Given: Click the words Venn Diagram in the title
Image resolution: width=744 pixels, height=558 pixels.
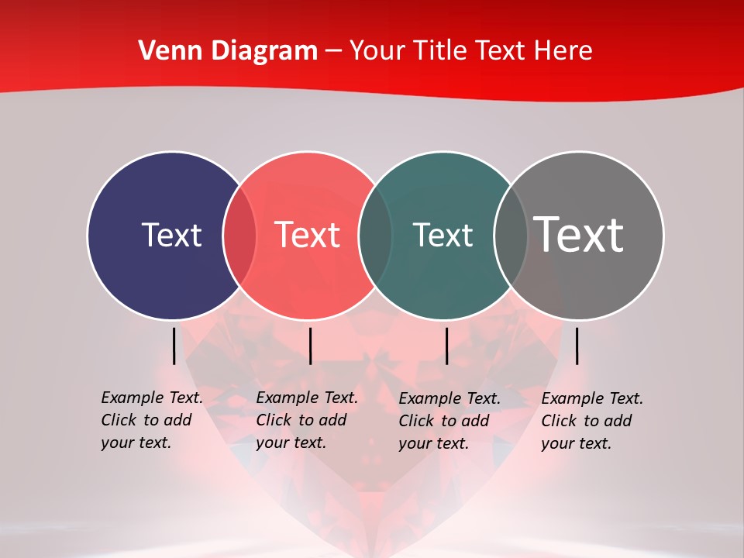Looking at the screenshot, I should (x=228, y=51).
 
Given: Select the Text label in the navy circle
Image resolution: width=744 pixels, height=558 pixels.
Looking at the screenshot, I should (x=171, y=235).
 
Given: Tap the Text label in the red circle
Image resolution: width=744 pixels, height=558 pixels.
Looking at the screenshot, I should (x=307, y=235).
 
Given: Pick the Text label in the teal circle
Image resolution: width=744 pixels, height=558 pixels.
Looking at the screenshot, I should (x=443, y=235).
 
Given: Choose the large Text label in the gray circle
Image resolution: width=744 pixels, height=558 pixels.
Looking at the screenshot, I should (x=578, y=234).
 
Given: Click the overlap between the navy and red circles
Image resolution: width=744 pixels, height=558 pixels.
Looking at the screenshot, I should (x=239, y=235).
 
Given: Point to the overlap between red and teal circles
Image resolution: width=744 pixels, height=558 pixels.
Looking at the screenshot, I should (x=375, y=235).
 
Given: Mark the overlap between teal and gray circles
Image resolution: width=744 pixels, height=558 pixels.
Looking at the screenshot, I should (x=511, y=235).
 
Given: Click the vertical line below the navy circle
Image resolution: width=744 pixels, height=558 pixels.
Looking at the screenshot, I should (x=174, y=346).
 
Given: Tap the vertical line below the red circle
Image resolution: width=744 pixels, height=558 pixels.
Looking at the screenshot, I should (x=310, y=346).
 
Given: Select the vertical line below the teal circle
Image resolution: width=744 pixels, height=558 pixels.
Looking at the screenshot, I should (x=446, y=346).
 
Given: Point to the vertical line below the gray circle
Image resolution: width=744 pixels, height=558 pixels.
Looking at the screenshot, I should (x=577, y=346).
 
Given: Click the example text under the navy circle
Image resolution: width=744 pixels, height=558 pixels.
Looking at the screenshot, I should (x=152, y=420).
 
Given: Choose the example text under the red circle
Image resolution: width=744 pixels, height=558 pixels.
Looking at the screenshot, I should (x=307, y=420).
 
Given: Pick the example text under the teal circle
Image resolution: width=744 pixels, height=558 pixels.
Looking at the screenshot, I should (x=449, y=421).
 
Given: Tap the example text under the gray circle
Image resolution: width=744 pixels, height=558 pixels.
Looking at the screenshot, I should (x=592, y=421).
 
